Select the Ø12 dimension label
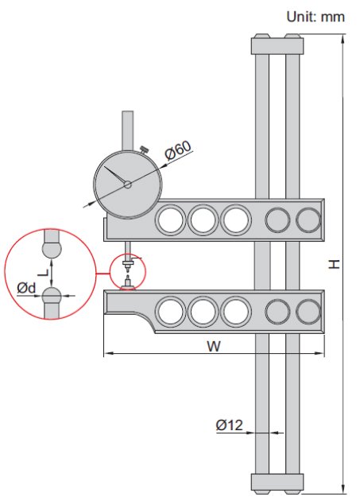point(229,425)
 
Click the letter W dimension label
point(213,346)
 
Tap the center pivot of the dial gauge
point(127,184)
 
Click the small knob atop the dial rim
point(144,148)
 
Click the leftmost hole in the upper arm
point(170,219)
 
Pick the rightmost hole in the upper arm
point(307,219)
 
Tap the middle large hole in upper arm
point(203,219)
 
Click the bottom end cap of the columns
point(277,482)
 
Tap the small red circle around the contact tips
point(128,271)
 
